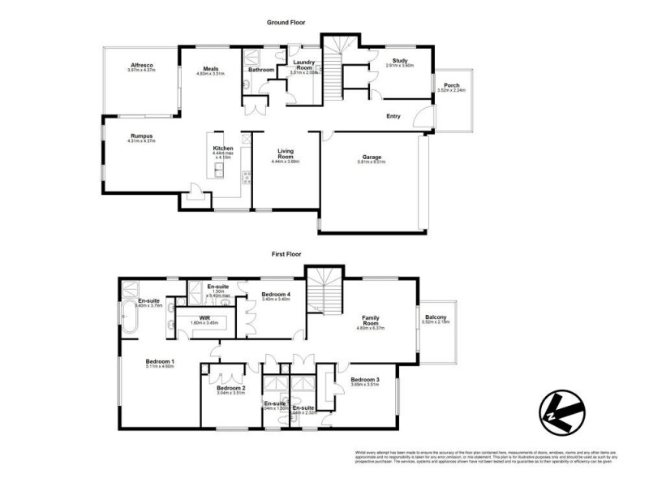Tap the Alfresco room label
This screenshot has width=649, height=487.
[140, 66]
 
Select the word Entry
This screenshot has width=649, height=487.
[393, 116]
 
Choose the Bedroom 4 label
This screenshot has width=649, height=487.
[277, 295]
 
